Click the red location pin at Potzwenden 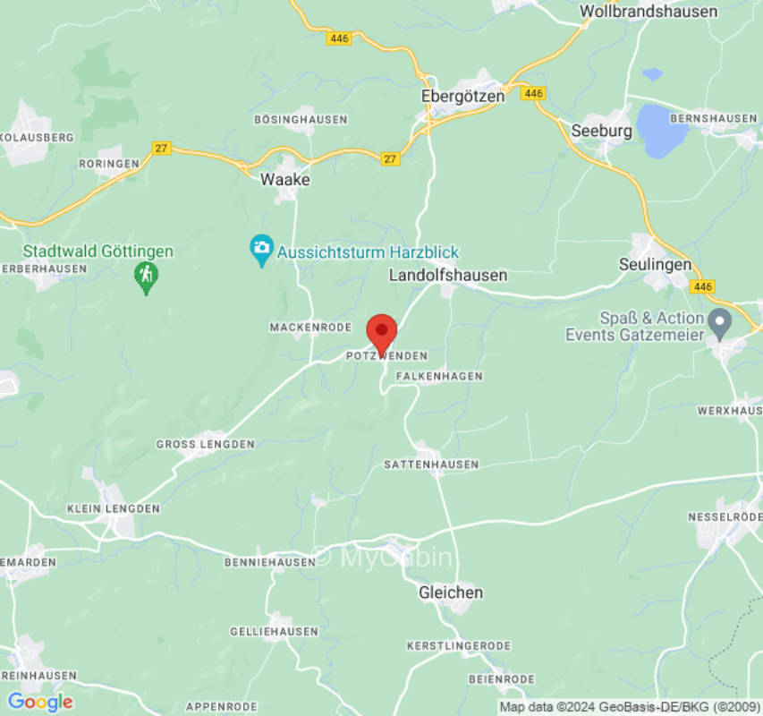click(x=382, y=333)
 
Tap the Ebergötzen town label click(x=462, y=96)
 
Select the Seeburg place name click(x=601, y=131)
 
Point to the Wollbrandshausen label click(x=649, y=12)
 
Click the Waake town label click(x=285, y=180)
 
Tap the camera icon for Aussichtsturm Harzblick click(x=261, y=250)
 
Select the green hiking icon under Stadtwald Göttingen click(x=146, y=277)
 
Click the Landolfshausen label click(x=448, y=276)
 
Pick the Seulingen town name click(x=655, y=264)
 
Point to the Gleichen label click(x=451, y=592)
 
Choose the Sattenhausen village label click(x=431, y=465)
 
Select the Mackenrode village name click(x=310, y=328)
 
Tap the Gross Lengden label click(x=205, y=444)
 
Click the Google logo click(x=39, y=702)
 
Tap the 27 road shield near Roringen click(x=161, y=149)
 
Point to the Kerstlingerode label click(x=458, y=645)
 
